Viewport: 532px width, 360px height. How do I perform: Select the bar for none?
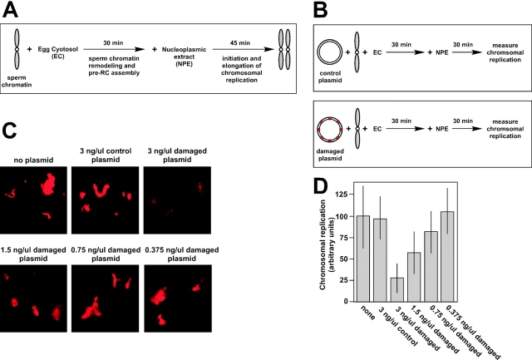point(362,257)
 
